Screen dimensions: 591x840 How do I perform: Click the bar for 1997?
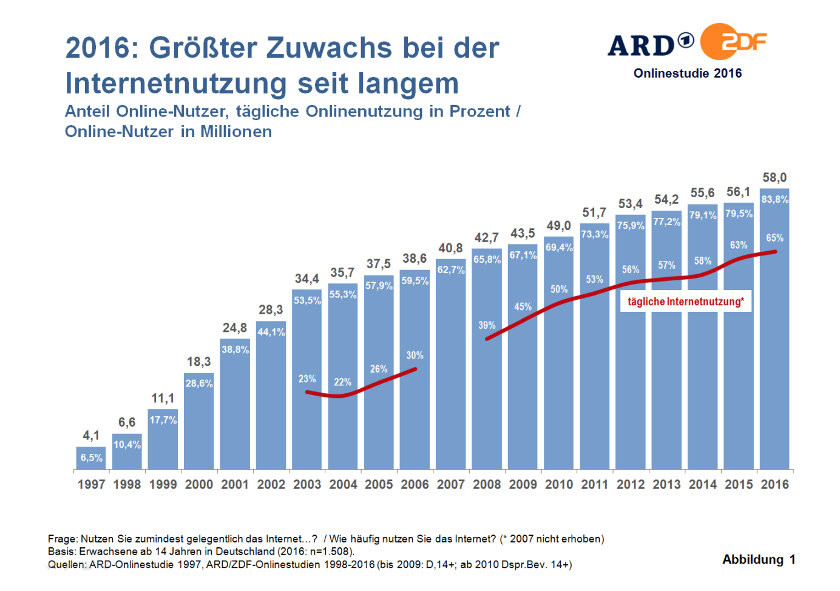point(91,458)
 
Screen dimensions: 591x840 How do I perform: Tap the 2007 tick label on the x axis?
point(451,485)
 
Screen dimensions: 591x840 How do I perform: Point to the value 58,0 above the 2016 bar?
point(774,178)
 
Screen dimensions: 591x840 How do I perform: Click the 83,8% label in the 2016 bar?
point(774,200)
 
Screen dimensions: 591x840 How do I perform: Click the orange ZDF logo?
point(731,42)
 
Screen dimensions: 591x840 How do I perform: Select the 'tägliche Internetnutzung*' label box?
point(685,302)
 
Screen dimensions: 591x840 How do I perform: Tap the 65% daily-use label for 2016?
point(774,238)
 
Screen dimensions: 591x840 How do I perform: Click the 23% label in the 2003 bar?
point(307,379)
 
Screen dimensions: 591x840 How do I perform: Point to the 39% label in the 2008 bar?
point(487,325)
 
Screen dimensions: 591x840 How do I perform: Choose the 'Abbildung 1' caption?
point(759,559)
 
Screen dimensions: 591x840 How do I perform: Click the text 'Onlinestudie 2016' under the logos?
point(688,73)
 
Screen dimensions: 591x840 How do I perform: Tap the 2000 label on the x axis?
point(199,485)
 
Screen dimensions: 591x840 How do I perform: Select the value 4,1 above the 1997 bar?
point(91,436)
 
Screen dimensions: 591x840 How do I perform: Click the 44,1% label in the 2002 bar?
point(271,333)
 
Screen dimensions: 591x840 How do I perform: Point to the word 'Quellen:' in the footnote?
point(67,564)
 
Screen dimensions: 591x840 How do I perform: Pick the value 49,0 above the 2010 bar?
point(558,226)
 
